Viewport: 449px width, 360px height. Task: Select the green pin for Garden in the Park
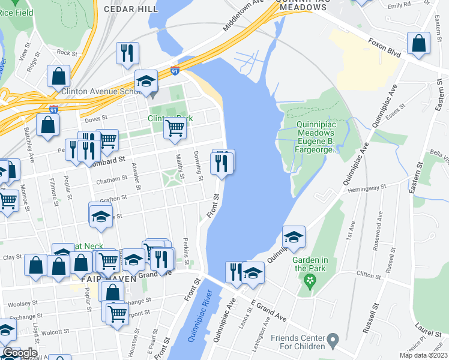point(310,280)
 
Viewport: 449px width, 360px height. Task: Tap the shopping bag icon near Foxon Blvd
point(418,44)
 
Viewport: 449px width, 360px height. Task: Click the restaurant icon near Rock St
point(127,53)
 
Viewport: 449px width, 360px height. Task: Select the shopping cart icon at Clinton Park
point(175,128)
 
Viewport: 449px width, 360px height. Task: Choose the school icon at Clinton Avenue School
point(145,82)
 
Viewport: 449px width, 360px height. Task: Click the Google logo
point(20,353)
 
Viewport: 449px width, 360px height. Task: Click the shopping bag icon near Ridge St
point(58,76)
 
